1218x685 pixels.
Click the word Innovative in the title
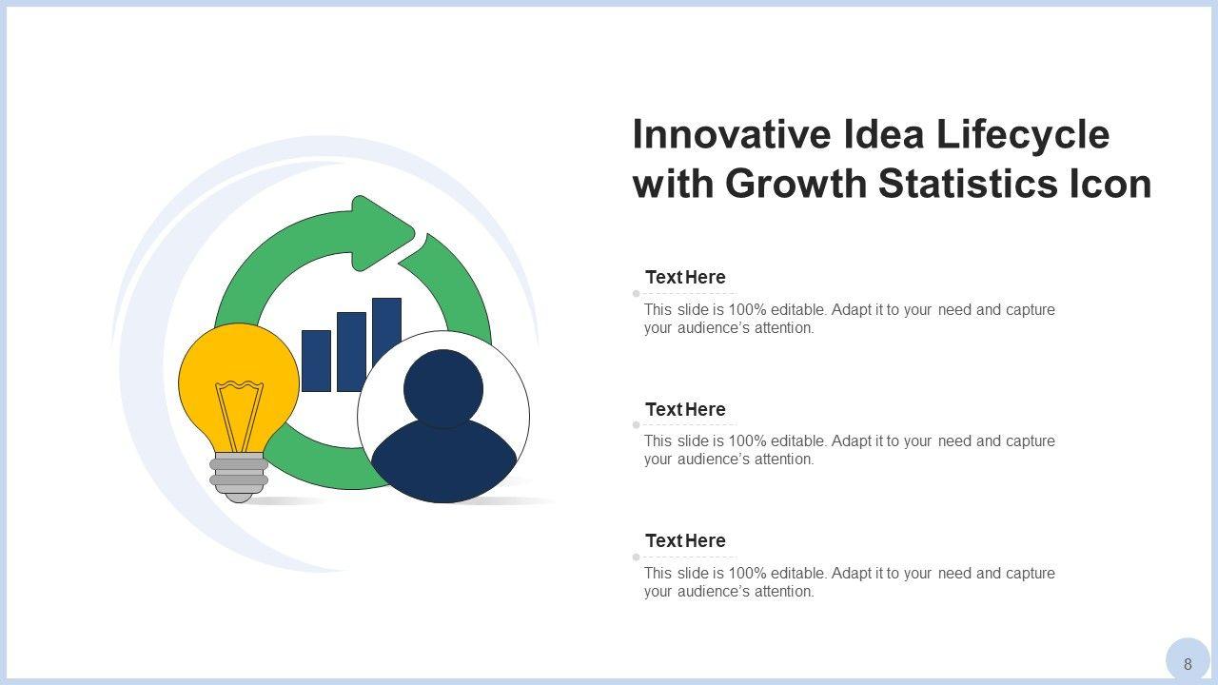(x=732, y=134)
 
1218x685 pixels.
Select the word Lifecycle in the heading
(x=1022, y=136)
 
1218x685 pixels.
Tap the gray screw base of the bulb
(x=239, y=478)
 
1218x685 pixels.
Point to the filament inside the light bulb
(x=239, y=416)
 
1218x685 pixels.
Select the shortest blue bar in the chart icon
(x=316, y=361)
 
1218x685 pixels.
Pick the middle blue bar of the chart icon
(x=351, y=352)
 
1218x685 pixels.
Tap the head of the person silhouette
(x=443, y=389)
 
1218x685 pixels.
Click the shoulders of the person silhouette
(x=443, y=461)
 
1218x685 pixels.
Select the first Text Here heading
(x=685, y=277)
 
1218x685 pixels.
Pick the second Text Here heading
(x=685, y=409)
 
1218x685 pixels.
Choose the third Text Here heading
(x=685, y=541)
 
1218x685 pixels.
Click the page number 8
(x=1188, y=664)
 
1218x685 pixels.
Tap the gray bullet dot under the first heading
(x=637, y=294)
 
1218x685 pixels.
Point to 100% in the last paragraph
(x=747, y=573)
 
